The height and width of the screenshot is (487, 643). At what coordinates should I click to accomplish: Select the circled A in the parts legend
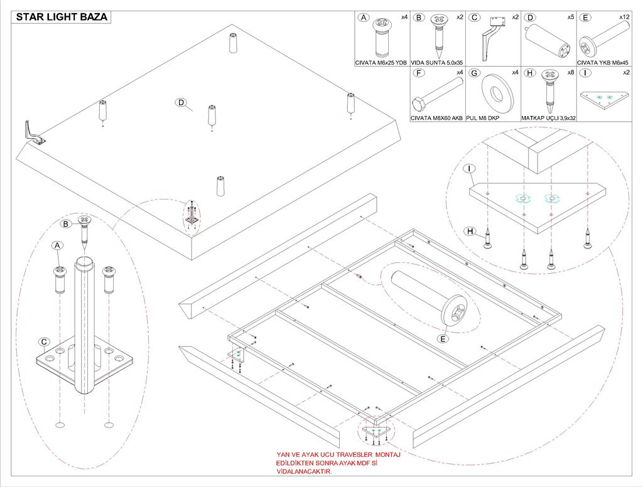click(x=363, y=18)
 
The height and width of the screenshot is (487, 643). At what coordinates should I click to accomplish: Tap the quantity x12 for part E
click(x=624, y=16)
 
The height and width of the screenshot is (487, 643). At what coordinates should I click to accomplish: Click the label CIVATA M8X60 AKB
click(x=436, y=117)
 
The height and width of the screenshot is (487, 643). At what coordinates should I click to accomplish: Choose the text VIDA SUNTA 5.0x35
click(x=438, y=63)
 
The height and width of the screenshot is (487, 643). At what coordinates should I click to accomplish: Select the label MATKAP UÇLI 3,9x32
click(x=548, y=117)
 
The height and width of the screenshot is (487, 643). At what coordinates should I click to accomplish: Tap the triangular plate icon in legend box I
click(x=603, y=97)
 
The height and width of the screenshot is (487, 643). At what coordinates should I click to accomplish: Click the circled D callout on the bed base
click(x=181, y=103)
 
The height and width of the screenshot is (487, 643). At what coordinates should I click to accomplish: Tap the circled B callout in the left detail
click(x=65, y=223)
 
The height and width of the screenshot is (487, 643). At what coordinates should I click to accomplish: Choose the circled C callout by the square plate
click(x=44, y=342)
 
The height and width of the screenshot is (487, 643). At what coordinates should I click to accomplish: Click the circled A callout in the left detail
click(x=57, y=246)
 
